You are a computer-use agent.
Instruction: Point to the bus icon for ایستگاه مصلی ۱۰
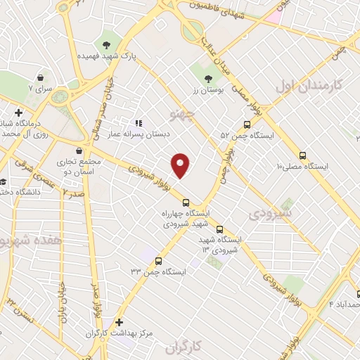point(303,155)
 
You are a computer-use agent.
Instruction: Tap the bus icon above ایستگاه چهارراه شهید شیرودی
point(186,202)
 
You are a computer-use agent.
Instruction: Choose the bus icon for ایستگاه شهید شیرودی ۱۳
point(220,229)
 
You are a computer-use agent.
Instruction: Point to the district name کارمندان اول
point(308,86)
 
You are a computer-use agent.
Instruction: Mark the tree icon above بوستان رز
point(208,79)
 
